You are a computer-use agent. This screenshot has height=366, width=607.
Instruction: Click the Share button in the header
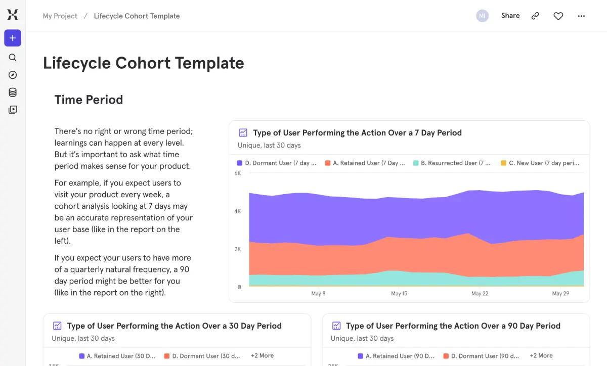pos(510,16)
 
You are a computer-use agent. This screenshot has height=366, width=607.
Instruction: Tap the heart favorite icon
pos(558,16)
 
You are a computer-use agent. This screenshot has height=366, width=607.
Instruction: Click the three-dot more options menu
pos(581,16)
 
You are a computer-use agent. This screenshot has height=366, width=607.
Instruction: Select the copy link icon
pos(535,16)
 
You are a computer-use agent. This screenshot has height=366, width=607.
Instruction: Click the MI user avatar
pos(482,16)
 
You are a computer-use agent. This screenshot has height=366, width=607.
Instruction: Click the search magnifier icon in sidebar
pos(13,58)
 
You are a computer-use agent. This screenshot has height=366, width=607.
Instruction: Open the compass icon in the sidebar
pos(13,75)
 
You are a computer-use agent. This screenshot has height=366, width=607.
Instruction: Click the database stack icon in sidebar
pos(13,93)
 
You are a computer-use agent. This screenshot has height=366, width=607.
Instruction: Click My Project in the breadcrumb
pos(60,16)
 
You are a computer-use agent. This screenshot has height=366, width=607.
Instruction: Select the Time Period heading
pos(89,100)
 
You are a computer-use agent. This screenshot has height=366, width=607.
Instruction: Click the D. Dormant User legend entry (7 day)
pos(277,163)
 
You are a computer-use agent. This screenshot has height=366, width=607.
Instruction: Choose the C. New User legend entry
pos(540,163)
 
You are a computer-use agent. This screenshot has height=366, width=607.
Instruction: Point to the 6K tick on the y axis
pos(238,173)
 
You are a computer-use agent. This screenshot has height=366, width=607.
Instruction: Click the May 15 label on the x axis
pos(399,294)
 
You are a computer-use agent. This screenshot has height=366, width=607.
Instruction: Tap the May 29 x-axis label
pos(560,294)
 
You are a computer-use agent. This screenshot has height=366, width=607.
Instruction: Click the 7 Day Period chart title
pos(357,133)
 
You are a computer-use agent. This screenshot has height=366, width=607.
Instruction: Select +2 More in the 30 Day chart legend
pos(262,356)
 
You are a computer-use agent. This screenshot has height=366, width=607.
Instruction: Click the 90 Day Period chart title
pos(453,326)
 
